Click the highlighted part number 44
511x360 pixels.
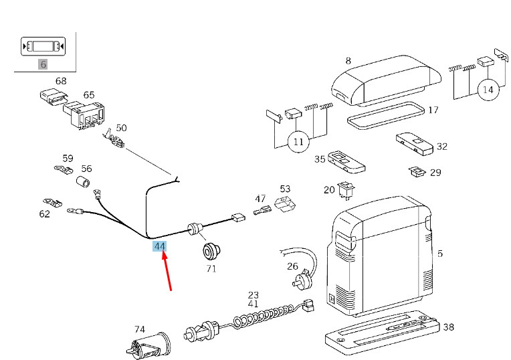click(x=160, y=246)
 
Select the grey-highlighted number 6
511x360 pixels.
click(x=43, y=64)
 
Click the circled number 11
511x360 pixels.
click(x=298, y=142)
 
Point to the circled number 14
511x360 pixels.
click(x=488, y=90)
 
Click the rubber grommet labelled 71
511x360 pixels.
click(x=211, y=251)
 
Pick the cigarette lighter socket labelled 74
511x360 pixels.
click(x=148, y=347)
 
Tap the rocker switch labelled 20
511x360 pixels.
click(x=346, y=191)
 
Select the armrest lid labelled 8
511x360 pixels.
click(x=386, y=80)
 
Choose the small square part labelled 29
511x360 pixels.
click(x=417, y=171)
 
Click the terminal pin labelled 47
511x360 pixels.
click(x=262, y=209)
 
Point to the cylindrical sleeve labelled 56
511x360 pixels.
click(x=84, y=181)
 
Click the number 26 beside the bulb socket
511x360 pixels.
click(x=292, y=266)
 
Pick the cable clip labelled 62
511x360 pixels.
click(x=52, y=202)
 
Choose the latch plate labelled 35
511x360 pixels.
click(x=346, y=162)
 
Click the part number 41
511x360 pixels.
click(x=253, y=304)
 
